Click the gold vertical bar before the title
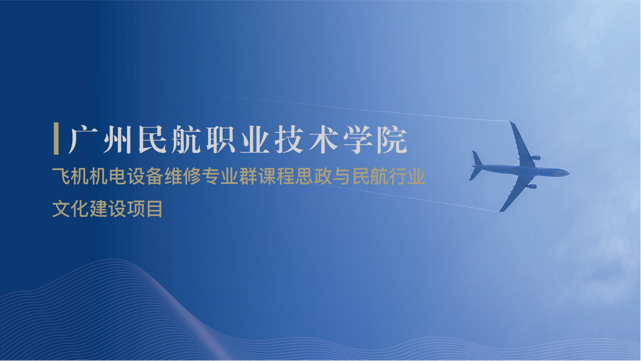56,139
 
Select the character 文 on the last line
61,209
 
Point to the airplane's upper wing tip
511,122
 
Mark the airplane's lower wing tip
501,211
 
